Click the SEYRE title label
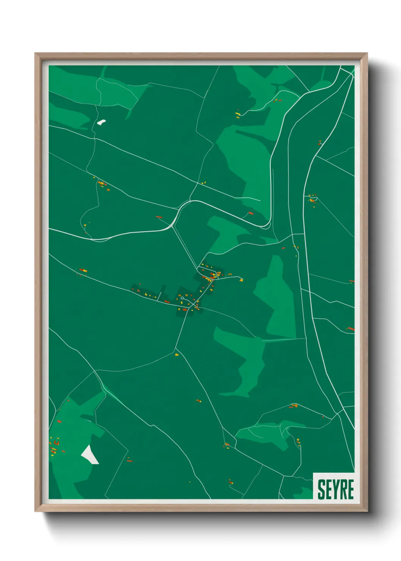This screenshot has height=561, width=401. coord(335,489)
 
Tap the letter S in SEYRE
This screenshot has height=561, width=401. coord(321,489)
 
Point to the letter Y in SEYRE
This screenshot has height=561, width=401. coord(336,489)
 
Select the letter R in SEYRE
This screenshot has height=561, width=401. coord(343,489)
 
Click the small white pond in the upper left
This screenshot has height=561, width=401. coord(101,122)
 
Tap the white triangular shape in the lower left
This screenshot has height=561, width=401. coord(90,454)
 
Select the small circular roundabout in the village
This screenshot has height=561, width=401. coord(182,298)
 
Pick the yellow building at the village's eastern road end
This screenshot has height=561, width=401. coord(241,280)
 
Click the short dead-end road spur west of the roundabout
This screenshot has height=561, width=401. coord(160,296)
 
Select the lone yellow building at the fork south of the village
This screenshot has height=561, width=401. coord(177,354)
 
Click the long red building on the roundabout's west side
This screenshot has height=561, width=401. coord(167,302)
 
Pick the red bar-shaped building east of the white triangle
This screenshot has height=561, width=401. coord(130,461)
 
